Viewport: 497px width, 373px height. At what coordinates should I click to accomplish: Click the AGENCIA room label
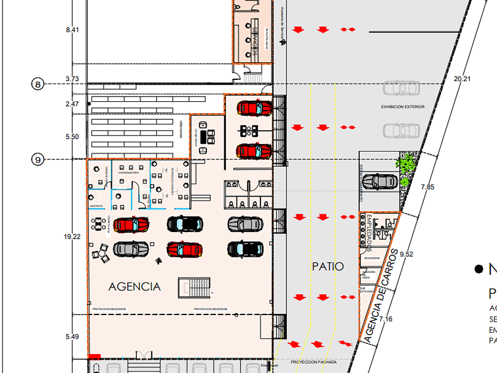pos(134,287)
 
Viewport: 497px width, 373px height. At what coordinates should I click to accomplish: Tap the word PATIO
pos(328,266)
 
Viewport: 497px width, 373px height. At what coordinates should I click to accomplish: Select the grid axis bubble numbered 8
pos(38,85)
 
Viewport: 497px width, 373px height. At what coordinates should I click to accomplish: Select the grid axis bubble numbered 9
pos(38,159)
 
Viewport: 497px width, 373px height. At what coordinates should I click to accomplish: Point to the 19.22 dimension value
pos(72,236)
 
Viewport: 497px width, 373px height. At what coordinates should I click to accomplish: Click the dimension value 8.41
pos(72,29)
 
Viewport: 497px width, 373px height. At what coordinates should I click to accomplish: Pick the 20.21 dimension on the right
pos(462,78)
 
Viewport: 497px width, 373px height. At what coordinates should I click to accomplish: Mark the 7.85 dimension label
pos(427,187)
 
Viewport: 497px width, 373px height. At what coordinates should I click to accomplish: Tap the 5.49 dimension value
pos(72,336)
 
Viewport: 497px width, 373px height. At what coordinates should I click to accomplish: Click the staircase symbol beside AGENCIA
pos(195,289)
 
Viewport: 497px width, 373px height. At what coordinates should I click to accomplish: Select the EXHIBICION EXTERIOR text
pos(403,107)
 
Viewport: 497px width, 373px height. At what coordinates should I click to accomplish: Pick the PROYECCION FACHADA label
pos(314,362)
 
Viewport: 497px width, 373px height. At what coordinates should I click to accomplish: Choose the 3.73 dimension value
pos(72,78)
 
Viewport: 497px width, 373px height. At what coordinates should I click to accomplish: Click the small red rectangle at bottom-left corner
pos(93,356)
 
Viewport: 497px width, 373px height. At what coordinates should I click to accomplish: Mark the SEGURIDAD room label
pos(372,258)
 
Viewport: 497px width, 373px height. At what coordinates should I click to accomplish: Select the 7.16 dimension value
pos(386,320)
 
